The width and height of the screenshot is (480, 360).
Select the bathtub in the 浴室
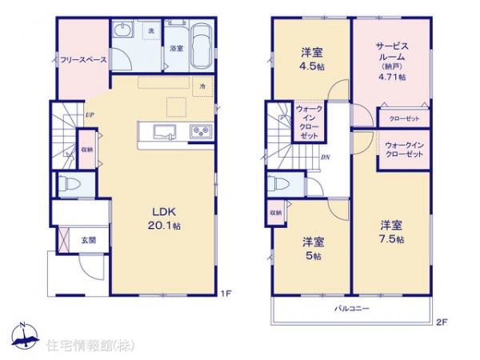tap(199, 46)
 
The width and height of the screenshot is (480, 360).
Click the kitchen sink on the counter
tap(166, 132)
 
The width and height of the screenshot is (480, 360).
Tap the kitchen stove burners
tap(198, 132)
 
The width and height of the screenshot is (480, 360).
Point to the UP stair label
tap(91, 114)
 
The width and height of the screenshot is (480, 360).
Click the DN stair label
tap(326, 157)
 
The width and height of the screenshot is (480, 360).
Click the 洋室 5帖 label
tap(312, 248)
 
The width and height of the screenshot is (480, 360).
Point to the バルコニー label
tap(352, 307)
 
